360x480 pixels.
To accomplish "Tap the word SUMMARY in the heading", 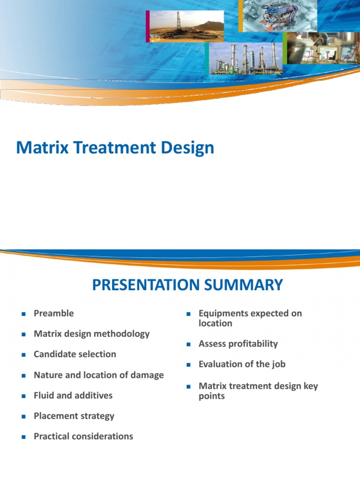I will pyautogui.click(x=248, y=285).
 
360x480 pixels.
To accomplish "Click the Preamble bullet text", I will pyautogui.click(x=53, y=313).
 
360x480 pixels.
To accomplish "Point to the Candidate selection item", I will pyautogui.click(x=75, y=354).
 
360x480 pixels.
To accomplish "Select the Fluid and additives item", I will pyautogui.click(x=73, y=395).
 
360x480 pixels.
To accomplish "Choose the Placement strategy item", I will pyautogui.click(x=74, y=416).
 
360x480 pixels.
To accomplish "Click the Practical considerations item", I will pyautogui.click(x=83, y=436).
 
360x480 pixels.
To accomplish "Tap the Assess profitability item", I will pyautogui.click(x=238, y=344).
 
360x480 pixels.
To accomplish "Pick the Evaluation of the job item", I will pyautogui.click(x=241, y=364).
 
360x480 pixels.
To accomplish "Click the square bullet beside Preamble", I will pyautogui.click(x=22, y=314).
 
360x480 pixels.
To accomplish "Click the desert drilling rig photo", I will pyautogui.click(x=186, y=26).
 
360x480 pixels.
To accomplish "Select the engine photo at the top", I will pyautogui.click(x=279, y=15).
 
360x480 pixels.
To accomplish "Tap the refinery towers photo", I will pyautogui.click(x=245, y=59).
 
